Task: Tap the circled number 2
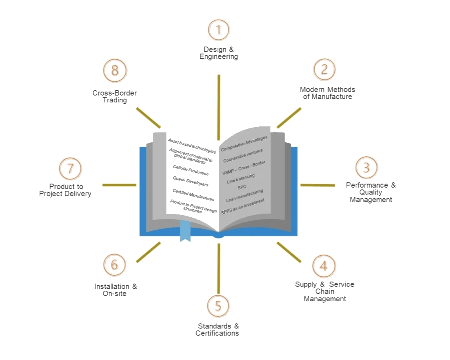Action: coord(324,69)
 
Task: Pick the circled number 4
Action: coord(324,266)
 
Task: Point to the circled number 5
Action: coord(218,306)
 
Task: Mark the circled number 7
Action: coord(70,168)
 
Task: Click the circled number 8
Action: coord(115,70)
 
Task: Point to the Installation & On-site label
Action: coord(115,290)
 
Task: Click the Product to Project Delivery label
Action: coord(65,190)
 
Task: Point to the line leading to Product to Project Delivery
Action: coord(119,185)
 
